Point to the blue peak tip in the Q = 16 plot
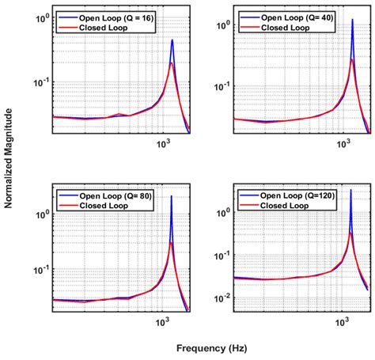tap(172, 40)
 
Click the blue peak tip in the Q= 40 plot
tap(352, 19)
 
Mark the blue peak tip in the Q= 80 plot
tap(172, 196)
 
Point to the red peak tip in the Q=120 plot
tap(350, 233)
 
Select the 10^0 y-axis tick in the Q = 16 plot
tap(42, 17)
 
